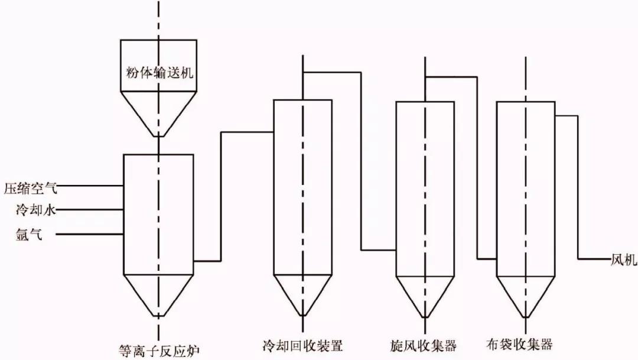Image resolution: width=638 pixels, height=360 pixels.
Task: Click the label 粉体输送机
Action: (159, 73)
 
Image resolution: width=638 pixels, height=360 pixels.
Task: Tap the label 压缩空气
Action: (31, 189)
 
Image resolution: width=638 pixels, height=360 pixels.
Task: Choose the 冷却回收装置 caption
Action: (303, 344)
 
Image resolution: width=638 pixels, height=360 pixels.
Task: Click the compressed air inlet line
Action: (89, 186)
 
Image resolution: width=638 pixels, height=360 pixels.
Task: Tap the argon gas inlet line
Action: (89, 234)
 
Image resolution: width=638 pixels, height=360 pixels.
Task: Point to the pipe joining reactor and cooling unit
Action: (221, 195)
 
